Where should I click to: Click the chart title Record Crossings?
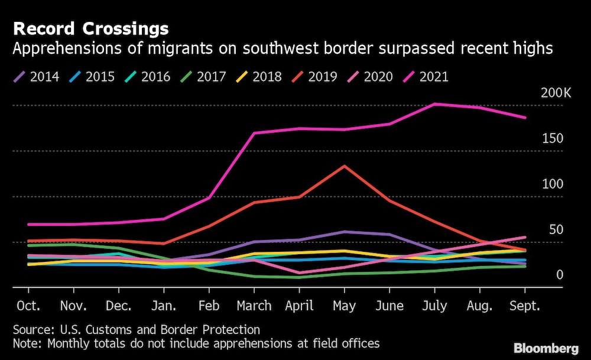click(90, 29)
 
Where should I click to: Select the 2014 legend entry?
click(37, 77)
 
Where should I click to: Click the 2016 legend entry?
click(148, 77)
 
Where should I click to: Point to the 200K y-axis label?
click(556, 93)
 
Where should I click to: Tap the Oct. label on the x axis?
click(28, 306)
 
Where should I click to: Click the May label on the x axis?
click(345, 306)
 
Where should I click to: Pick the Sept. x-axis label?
click(525, 306)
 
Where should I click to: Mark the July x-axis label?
click(435, 306)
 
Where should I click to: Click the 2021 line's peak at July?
click(435, 104)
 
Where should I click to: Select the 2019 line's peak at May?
click(345, 166)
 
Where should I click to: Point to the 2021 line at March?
click(254, 133)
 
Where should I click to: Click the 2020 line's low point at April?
click(300, 273)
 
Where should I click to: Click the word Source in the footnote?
click(31, 330)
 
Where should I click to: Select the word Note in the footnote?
click(27, 343)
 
